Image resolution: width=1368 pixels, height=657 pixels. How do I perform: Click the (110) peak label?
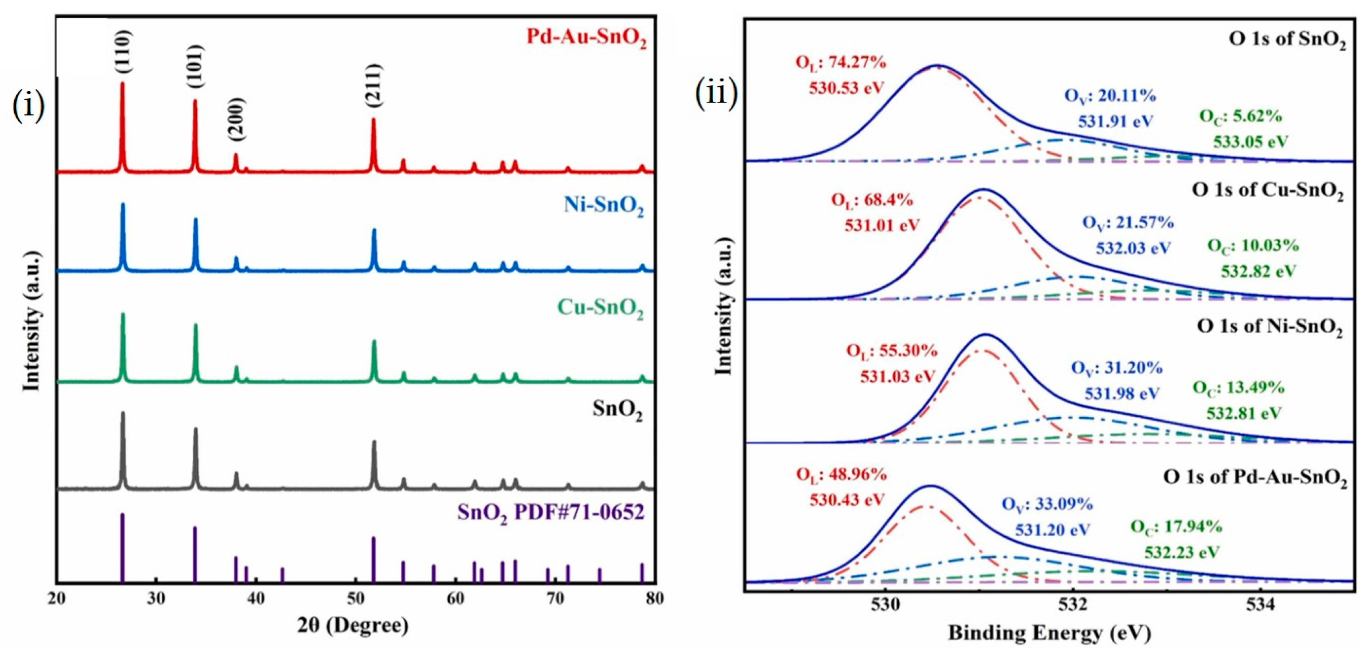(123, 52)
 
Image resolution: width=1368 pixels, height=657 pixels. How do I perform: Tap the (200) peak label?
(236, 119)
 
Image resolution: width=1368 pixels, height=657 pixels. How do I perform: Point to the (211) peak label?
(373, 85)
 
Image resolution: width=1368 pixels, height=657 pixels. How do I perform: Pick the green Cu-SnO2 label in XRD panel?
(600, 308)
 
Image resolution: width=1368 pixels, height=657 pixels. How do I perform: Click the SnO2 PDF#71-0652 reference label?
(551, 513)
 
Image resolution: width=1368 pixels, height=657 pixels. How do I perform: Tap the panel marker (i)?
(28, 106)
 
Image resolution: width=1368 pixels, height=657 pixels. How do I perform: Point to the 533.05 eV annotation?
(1250, 141)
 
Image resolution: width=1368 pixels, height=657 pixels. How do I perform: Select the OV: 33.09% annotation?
(1047, 504)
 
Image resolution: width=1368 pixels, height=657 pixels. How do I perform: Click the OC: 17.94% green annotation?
(1176, 527)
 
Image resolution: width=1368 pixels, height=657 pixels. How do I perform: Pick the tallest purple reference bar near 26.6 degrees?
(123, 547)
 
